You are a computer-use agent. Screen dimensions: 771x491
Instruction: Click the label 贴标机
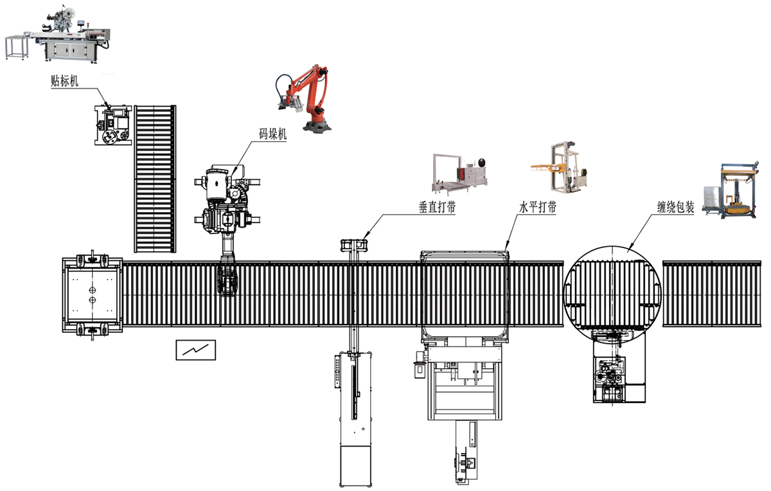65,81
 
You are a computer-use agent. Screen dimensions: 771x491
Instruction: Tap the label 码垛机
272,134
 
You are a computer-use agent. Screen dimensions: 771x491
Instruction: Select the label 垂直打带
437,207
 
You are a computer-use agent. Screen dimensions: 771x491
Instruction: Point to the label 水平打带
538,208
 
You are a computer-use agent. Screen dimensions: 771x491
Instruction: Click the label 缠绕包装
675,208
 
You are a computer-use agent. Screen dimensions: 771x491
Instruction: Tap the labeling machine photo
58,34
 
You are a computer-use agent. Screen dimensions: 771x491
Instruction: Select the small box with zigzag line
196,350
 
